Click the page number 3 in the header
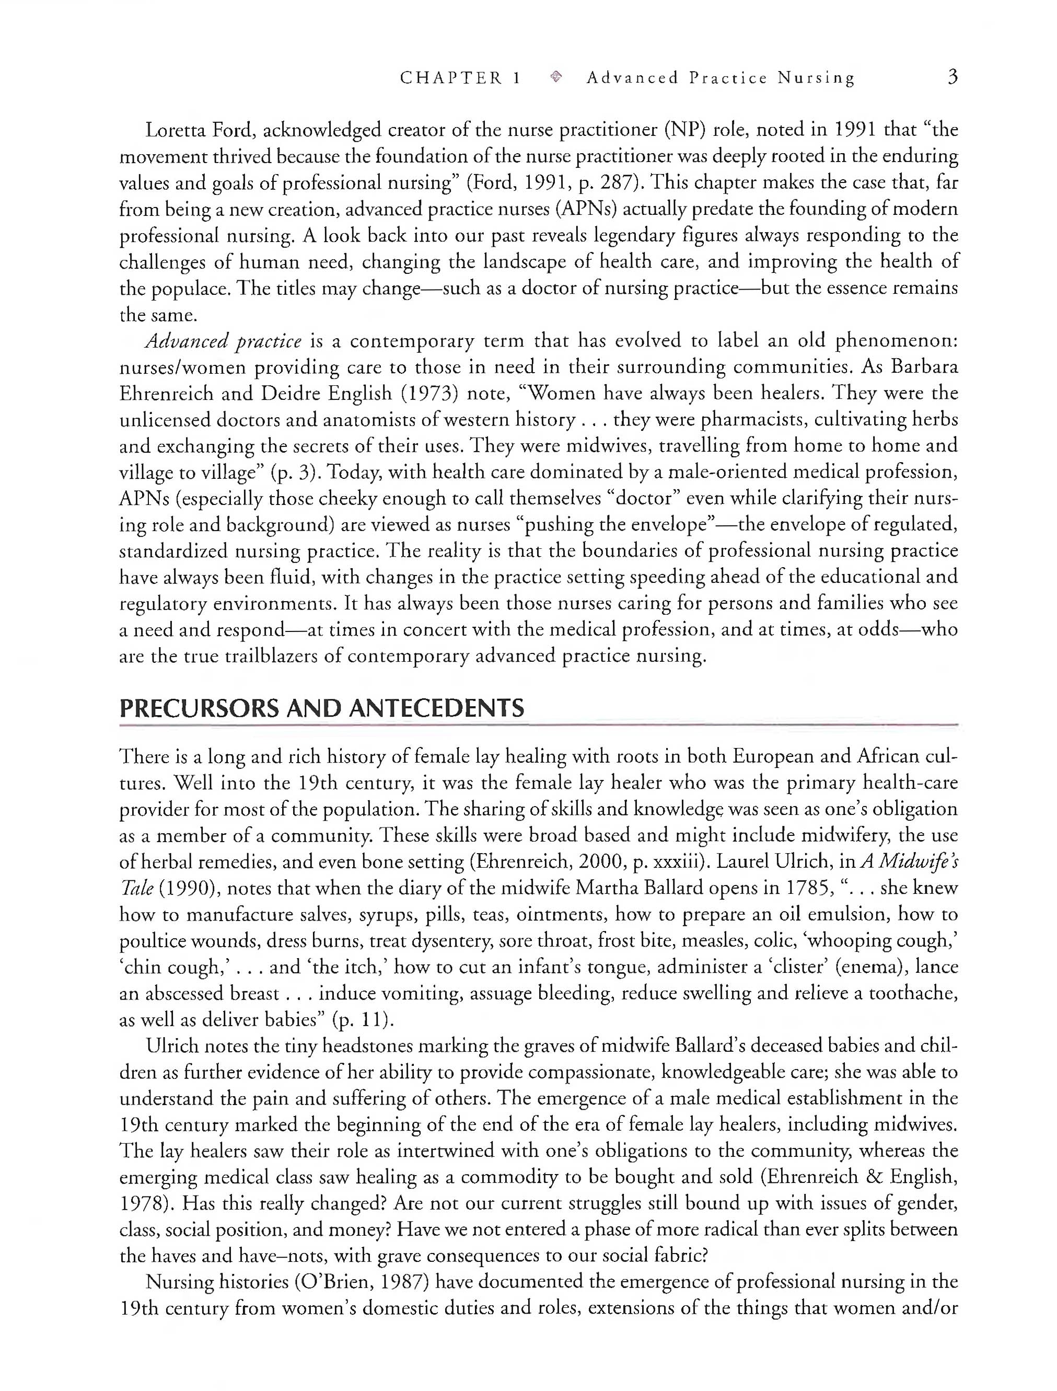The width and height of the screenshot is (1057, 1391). [952, 77]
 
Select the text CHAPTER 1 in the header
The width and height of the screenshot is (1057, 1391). [460, 78]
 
